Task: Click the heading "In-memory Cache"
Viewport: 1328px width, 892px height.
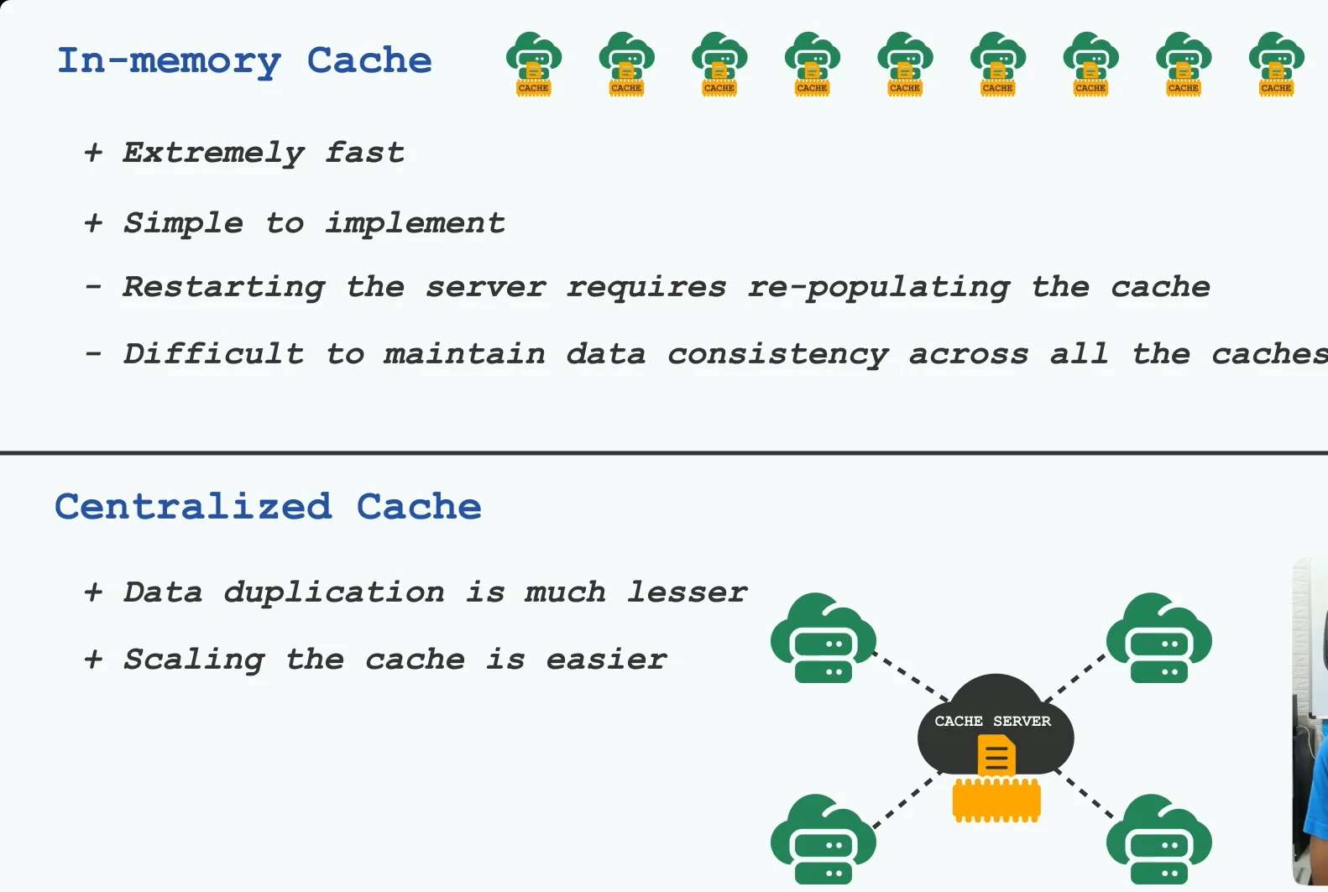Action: click(244, 61)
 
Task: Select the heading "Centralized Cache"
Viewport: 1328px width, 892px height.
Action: click(268, 507)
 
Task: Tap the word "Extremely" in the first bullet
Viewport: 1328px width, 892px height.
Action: click(213, 154)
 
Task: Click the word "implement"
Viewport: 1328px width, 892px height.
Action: click(415, 224)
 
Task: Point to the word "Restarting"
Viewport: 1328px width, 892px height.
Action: click(223, 288)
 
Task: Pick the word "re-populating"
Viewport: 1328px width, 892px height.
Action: click(879, 288)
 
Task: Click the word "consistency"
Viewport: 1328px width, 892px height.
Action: click(777, 355)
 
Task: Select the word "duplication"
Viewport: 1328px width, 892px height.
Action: click(333, 593)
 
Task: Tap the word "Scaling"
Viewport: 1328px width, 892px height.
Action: click(194, 660)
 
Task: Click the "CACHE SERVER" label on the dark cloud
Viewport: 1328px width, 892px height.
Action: click(992, 721)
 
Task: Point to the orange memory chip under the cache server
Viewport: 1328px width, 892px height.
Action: click(996, 801)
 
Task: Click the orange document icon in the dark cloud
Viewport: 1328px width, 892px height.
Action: click(996, 755)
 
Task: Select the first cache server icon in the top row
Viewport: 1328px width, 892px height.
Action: click(534, 64)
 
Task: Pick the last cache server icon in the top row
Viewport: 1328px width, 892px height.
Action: click(1276, 64)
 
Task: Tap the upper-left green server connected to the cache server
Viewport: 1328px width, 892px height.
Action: click(823, 638)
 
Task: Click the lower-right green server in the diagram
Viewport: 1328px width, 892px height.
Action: click(1158, 839)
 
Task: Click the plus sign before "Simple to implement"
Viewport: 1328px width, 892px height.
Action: click(93, 224)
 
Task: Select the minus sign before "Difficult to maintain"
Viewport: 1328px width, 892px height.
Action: click(93, 354)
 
